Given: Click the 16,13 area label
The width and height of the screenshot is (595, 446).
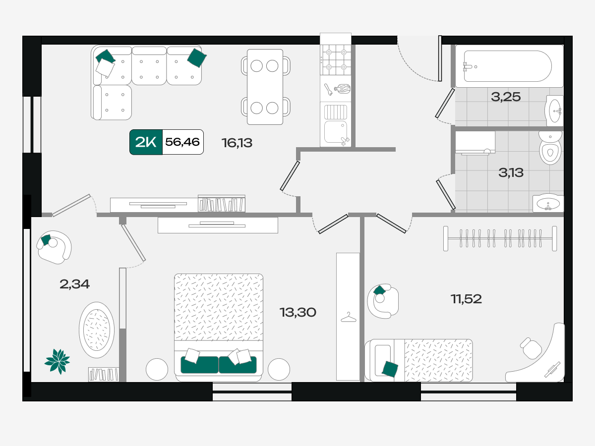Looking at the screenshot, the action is pos(237,143).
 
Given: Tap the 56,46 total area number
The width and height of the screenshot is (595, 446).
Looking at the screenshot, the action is pos(182,142).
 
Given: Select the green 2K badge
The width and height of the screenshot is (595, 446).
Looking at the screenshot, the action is pos(146,142).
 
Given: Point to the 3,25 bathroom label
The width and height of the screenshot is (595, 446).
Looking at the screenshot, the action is pos(506,97).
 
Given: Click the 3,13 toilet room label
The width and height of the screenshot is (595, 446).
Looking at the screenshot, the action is pos(511,172).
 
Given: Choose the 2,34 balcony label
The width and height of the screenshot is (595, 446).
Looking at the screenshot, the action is pos(74,284).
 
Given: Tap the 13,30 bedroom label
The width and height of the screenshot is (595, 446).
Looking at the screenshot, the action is pos(298,312).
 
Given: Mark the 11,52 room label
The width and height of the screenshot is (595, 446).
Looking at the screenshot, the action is pos(466,299).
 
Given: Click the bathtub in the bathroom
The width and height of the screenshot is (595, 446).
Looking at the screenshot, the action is pos(509,66).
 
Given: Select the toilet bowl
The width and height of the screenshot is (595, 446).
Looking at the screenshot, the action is pos(550,148).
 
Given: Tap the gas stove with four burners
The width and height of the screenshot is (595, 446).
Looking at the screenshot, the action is pos(336,59).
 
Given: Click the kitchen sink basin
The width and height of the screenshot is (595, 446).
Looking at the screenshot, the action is pos(336,132).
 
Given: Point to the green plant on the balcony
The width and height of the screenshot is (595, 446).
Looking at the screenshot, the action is pos(58,361).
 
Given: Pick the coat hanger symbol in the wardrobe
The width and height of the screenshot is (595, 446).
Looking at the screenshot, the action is pos(349,317).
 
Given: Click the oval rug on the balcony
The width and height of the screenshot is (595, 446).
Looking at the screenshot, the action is pos(97,330).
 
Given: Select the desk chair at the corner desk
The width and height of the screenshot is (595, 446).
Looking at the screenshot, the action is pos(531,348).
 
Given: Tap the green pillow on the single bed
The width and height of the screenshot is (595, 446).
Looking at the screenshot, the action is pos(390,369).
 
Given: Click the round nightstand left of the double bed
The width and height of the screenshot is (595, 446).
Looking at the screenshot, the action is pos(157,369).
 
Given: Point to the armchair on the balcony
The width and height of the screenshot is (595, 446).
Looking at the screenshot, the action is pos(54,247).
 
